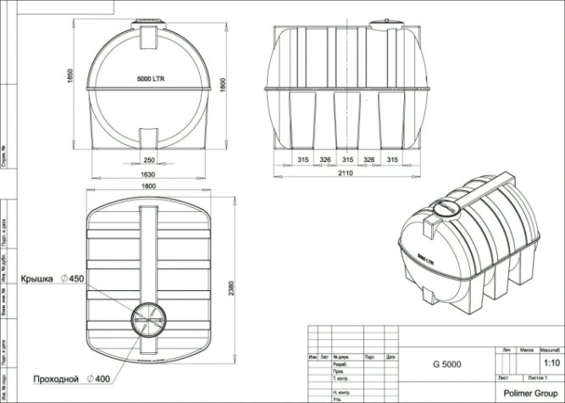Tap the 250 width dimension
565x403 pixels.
coord(149,160)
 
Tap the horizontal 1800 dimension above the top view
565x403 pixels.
coord(149,186)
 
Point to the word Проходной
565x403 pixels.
coord(55,378)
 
